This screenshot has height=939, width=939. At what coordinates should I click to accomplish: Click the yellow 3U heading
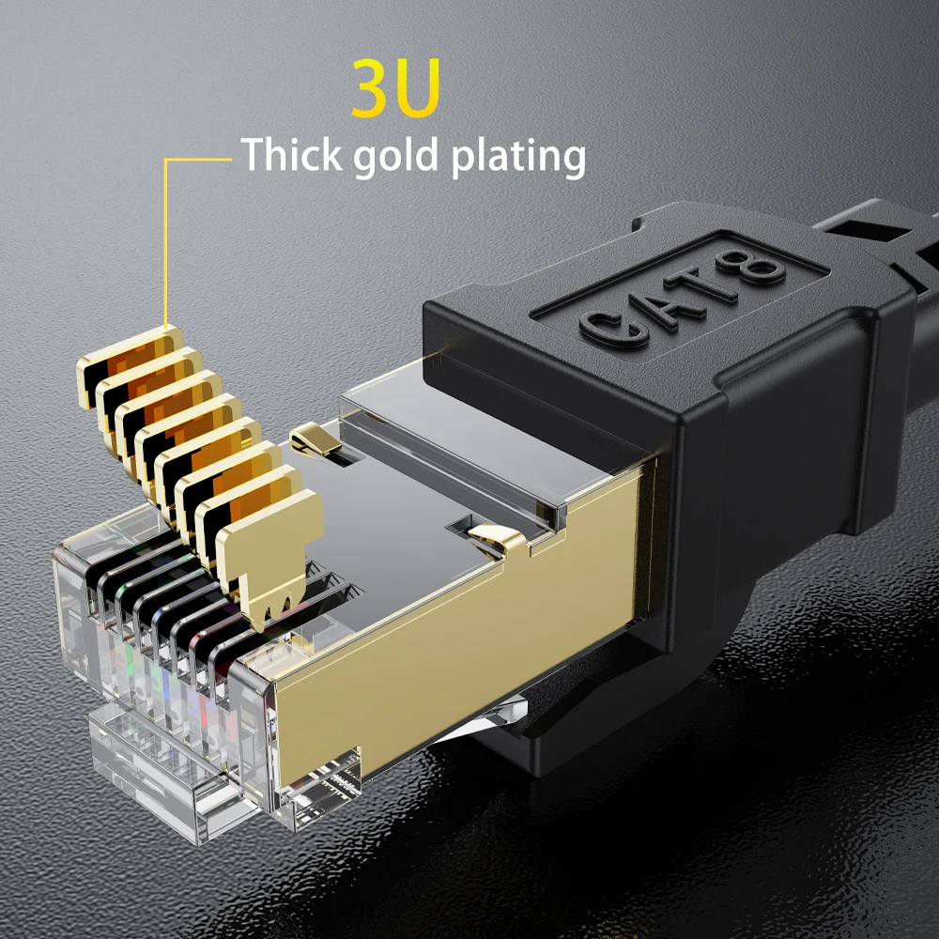point(395,89)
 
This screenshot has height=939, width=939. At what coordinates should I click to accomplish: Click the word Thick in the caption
point(292,155)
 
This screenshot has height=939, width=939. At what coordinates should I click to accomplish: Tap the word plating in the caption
point(518,158)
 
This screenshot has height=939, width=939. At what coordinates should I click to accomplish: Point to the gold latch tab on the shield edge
point(498,540)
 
